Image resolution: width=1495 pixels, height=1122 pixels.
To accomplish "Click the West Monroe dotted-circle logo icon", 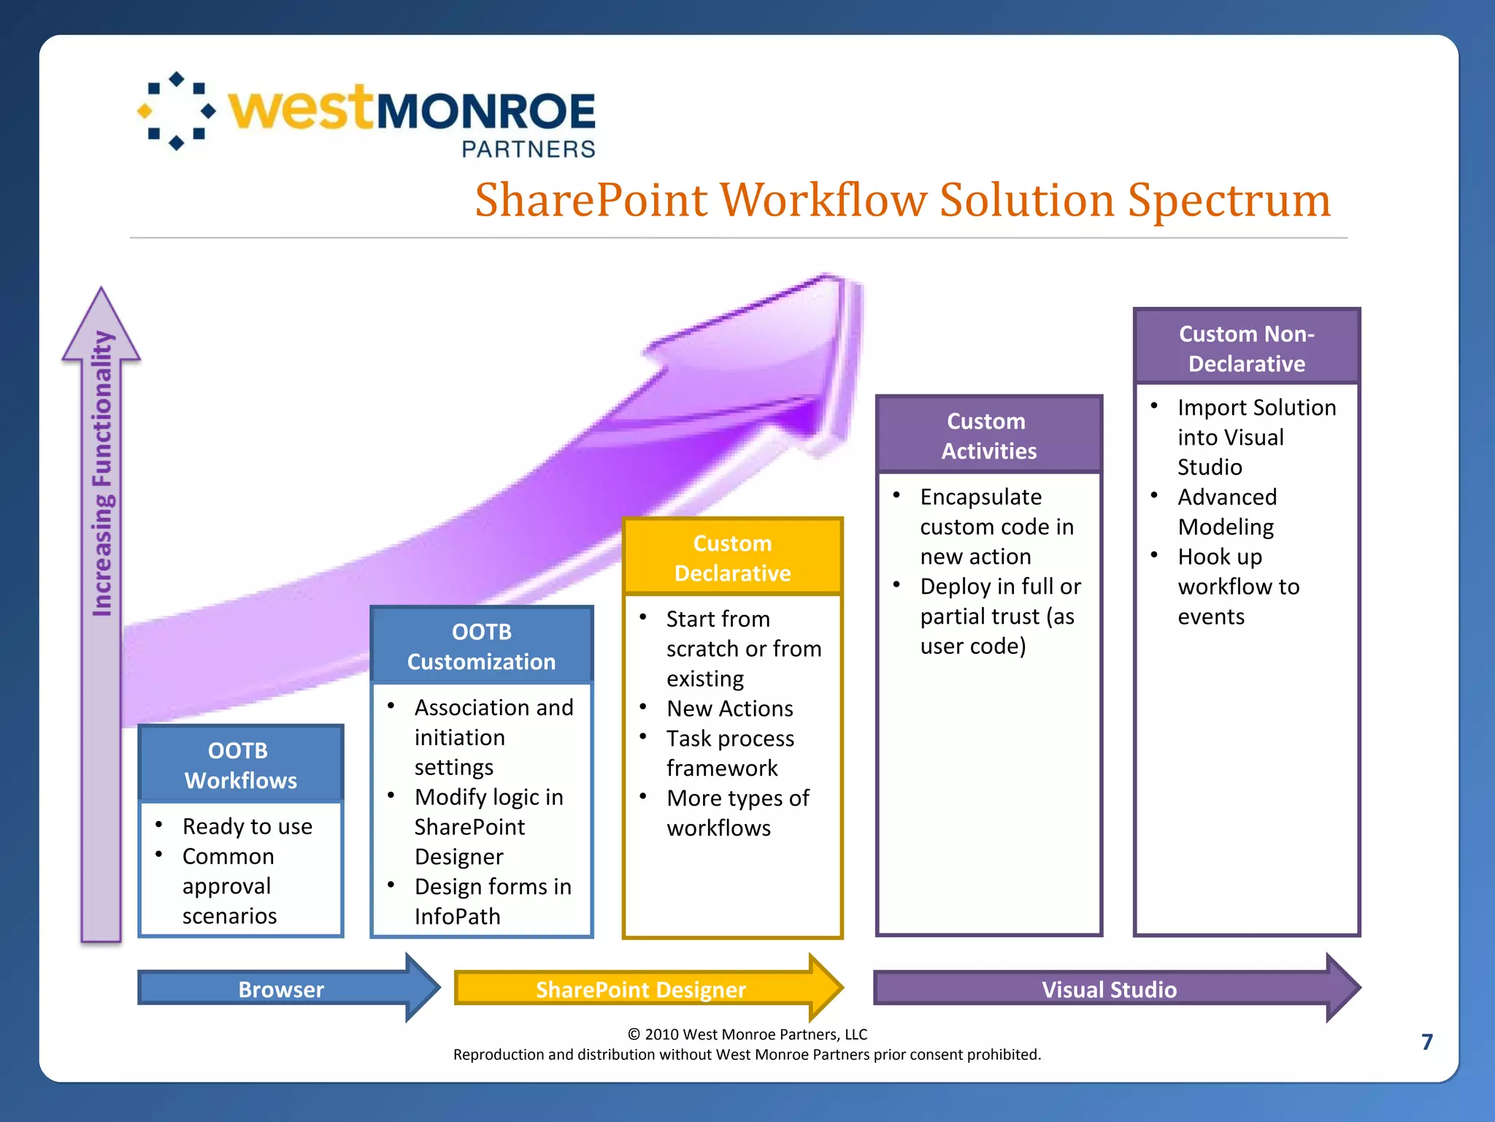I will coord(177,111).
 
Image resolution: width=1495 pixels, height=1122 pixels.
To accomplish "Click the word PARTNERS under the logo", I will coord(529,149).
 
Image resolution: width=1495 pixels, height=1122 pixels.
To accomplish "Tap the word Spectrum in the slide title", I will coord(1229,200).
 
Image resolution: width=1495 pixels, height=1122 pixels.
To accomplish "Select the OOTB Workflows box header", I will coord(240,765).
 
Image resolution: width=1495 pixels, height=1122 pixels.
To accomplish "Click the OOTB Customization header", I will coord(481,646).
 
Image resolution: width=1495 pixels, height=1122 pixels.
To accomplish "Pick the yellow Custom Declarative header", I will coord(732,558).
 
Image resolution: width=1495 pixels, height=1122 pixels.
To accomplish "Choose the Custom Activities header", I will coord(988,435).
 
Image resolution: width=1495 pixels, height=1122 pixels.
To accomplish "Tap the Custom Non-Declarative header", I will coord(1246,348).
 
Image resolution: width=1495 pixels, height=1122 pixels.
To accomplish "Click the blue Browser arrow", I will coord(282,989).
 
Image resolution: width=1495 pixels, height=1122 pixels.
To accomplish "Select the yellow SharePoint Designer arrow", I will coord(641,989).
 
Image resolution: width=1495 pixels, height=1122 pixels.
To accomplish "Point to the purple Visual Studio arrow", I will coord(1109,989).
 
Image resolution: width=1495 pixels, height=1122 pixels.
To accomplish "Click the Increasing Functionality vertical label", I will coord(102,475).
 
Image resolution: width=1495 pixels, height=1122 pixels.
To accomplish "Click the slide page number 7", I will coord(1427,1042).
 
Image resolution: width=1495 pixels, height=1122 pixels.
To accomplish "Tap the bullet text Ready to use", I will coord(247,826).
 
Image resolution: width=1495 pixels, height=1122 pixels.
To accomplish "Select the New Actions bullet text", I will coord(729,709).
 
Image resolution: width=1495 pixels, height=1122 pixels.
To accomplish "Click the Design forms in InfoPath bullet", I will coord(493,901).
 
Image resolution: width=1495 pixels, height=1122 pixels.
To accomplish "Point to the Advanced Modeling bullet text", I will coord(1226,511).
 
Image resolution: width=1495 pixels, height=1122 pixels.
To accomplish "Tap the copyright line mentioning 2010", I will coord(747,1034).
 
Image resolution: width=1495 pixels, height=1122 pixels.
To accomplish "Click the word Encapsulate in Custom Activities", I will coord(980,497).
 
